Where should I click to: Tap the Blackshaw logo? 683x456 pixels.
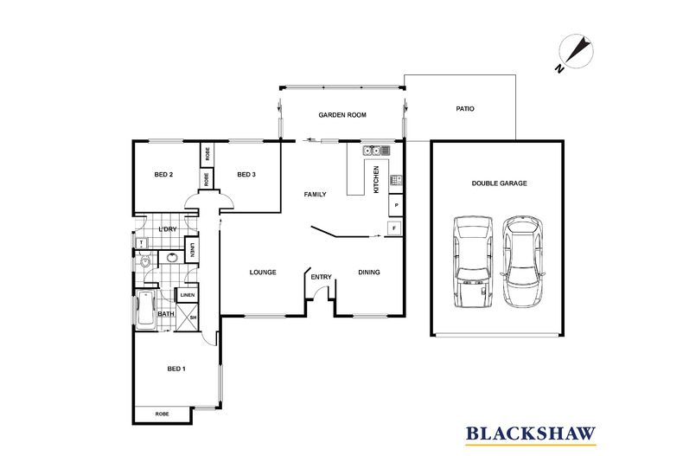click(x=531, y=432)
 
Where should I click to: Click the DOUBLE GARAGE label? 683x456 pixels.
click(x=499, y=183)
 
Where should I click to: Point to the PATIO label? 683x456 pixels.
click(x=465, y=109)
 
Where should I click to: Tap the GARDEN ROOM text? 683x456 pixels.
click(x=342, y=114)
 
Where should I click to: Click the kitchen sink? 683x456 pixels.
click(x=373, y=151)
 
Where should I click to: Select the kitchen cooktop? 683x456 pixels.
click(x=396, y=181)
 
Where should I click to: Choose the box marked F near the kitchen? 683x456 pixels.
click(x=395, y=228)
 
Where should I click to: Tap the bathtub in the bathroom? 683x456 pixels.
click(x=145, y=309)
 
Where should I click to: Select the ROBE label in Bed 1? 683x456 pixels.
click(x=163, y=414)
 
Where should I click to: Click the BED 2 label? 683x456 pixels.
click(x=163, y=175)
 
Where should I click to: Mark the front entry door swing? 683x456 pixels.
click(x=321, y=294)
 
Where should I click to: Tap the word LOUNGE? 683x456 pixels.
click(x=263, y=273)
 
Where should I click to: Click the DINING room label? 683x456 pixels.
click(x=369, y=273)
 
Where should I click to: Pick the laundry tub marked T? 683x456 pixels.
click(x=141, y=243)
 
